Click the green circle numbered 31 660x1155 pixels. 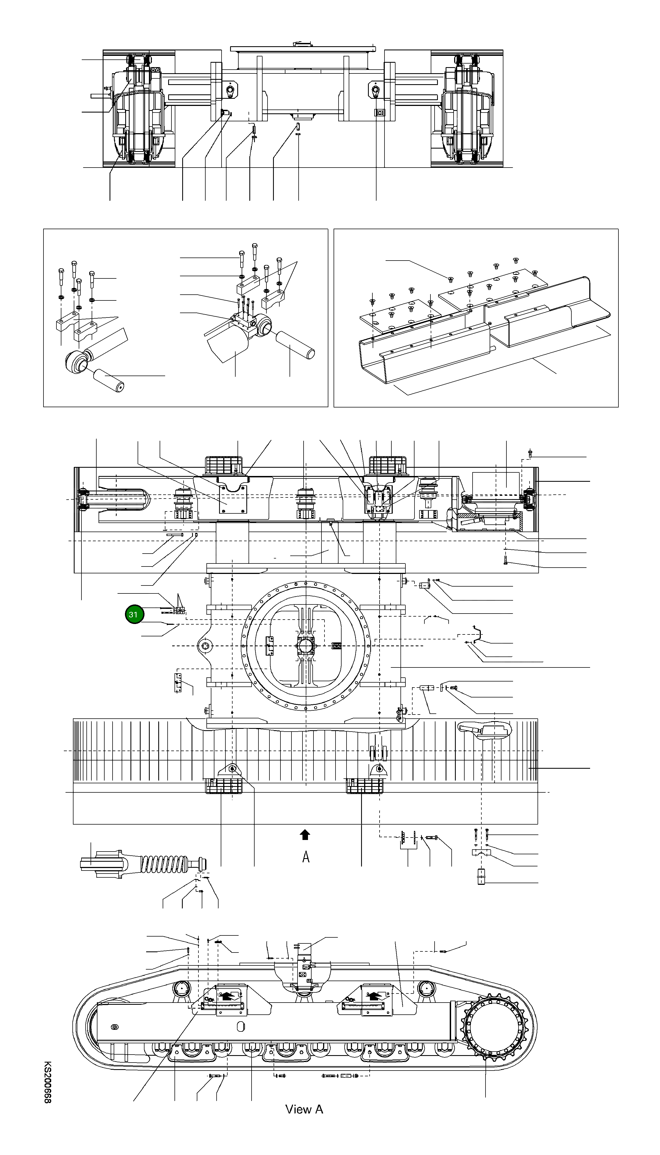pos(133,614)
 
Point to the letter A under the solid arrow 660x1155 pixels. pos(306,857)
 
